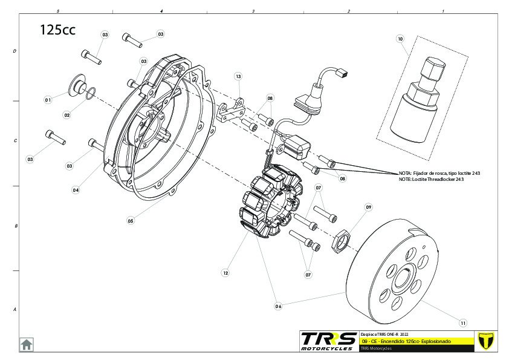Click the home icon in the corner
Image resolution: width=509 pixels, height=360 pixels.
coord(27,344)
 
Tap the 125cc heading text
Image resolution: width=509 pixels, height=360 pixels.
coord(57,30)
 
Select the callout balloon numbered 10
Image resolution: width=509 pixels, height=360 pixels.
coord(400,39)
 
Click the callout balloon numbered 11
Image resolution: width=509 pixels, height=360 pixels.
coord(463,322)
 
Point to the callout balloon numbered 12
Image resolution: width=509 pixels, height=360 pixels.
coord(225,273)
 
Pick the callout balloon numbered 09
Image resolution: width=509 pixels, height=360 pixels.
coord(368,207)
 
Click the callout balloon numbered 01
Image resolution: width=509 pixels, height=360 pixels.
coord(48,99)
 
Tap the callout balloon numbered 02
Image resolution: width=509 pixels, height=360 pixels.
coord(67,115)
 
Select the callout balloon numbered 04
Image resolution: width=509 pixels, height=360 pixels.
coord(76,189)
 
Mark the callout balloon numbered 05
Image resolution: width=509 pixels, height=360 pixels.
coord(131,221)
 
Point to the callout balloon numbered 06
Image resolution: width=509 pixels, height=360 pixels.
coord(278,306)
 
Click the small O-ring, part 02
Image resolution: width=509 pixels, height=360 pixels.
coord(88,94)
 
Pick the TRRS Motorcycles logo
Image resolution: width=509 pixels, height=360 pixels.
coord(328,340)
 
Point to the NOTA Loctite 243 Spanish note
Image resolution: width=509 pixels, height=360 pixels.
coord(439,173)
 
